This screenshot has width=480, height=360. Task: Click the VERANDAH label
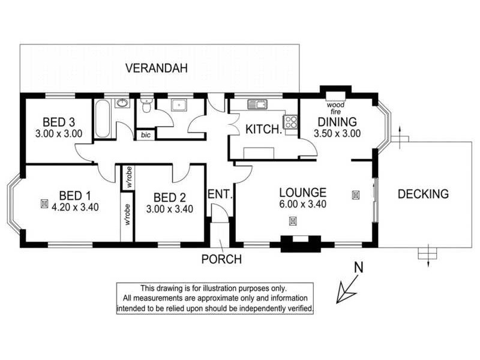tap(157, 68)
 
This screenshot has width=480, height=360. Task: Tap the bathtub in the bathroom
tap(101, 120)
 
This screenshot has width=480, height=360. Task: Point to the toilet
tap(145, 106)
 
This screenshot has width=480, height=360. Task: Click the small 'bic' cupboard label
tap(145, 135)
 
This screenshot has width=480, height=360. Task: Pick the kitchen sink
tap(257, 104)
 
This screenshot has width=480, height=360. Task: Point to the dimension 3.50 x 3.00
tap(337, 134)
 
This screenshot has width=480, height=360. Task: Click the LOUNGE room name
tap(303, 193)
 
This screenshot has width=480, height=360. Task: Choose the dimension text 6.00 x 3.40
tap(303, 205)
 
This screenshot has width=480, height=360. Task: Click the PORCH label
tap(221, 260)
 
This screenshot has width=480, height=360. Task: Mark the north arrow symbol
tap(348, 287)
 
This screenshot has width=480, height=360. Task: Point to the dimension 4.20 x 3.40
tap(76, 208)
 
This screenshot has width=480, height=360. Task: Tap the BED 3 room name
tap(59, 122)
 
